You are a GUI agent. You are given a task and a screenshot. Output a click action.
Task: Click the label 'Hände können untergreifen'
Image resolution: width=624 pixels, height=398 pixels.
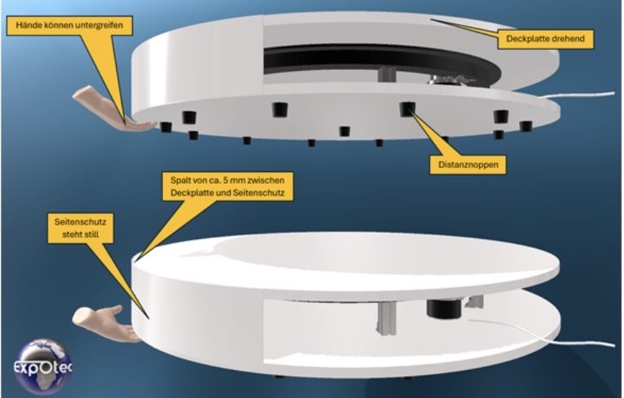(69, 26)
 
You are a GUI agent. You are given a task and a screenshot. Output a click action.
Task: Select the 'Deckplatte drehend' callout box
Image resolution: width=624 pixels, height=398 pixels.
(546, 38)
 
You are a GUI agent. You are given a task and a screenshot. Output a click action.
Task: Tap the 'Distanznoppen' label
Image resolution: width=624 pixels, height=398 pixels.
(468, 164)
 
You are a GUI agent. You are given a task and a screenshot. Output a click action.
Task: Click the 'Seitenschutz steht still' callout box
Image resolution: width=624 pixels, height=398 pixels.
(81, 228)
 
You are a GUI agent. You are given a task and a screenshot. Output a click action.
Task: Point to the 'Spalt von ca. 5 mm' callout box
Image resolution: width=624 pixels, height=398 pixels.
(228, 186)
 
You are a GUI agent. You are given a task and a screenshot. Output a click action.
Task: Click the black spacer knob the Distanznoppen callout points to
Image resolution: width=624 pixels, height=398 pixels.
(407, 109)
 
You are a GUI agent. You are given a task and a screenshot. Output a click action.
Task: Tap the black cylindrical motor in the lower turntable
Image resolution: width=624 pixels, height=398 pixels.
(444, 309)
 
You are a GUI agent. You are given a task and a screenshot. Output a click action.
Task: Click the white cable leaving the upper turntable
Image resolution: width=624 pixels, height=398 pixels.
(577, 96)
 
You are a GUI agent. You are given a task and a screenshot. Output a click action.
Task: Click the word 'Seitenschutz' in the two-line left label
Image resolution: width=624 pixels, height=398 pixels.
(81, 222)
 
